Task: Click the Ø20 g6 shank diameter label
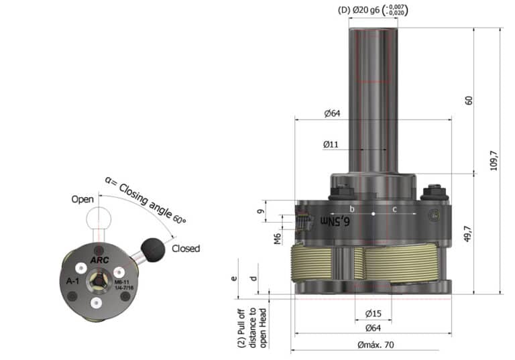coord(369,10)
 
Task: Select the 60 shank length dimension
coord(469,100)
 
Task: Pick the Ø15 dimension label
coord(374,314)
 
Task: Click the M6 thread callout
coord(277,239)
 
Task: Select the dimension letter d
coord(253,278)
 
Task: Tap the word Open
coord(83,199)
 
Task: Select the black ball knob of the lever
coord(155,249)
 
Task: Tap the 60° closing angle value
coord(180,219)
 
